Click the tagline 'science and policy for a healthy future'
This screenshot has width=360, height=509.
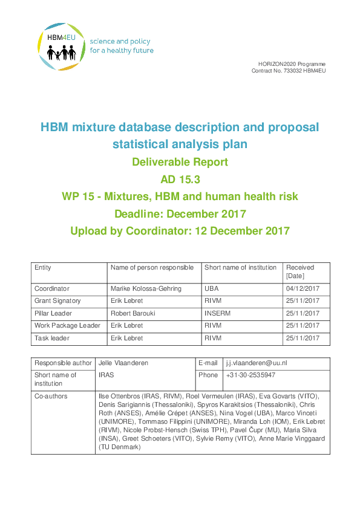click(x=122, y=46)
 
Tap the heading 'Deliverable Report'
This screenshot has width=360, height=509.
click(x=180, y=162)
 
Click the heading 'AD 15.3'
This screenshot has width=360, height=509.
click(x=180, y=179)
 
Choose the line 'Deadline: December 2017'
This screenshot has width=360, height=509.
click(x=180, y=213)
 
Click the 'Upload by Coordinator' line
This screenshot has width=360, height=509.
click(x=180, y=230)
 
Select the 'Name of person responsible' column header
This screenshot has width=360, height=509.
click(x=152, y=268)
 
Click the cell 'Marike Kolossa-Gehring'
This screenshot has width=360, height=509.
click(x=146, y=289)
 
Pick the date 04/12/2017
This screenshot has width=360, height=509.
click(x=303, y=289)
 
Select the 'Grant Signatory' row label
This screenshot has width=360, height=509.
click(x=57, y=301)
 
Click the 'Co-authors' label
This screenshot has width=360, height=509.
click(x=51, y=396)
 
